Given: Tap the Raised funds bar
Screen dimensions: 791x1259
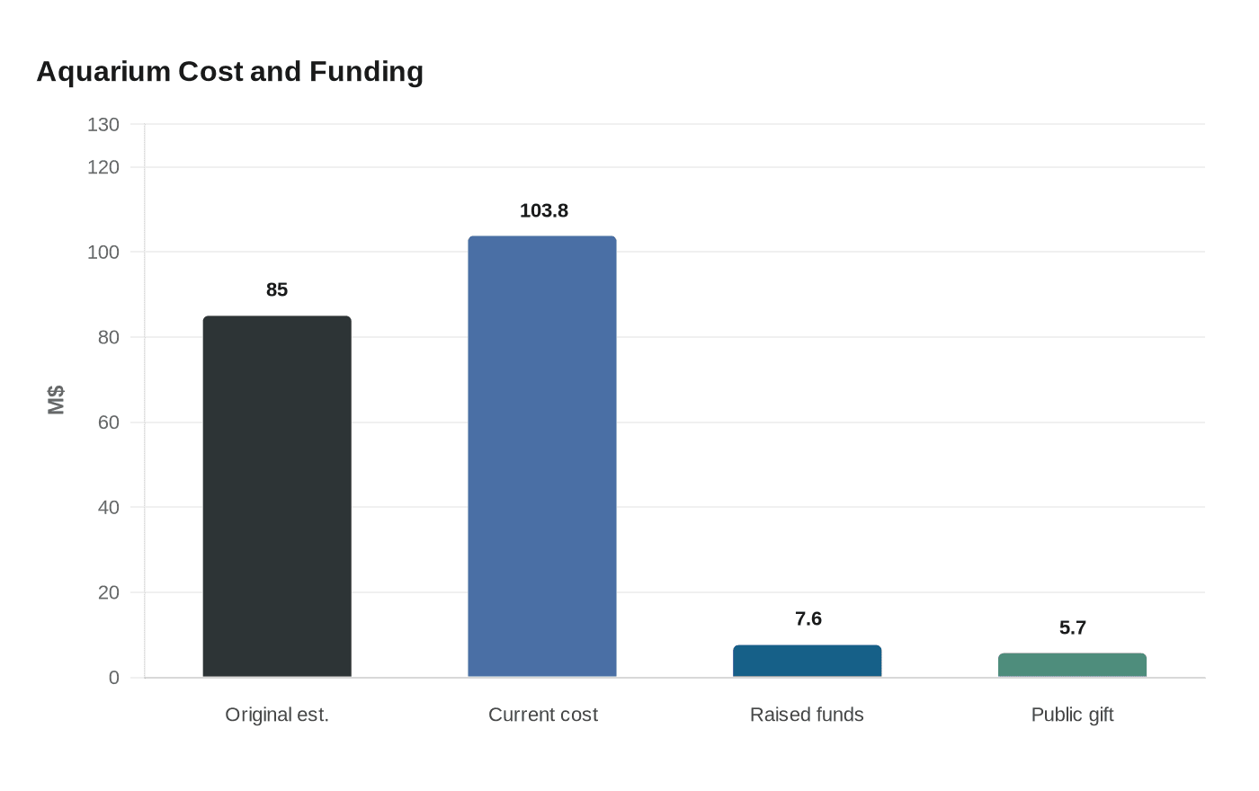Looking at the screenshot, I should pyautogui.click(x=807, y=661).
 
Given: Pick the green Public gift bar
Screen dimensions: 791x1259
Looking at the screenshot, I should pyautogui.click(x=1072, y=665).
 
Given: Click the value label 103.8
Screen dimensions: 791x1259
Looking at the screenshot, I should pyautogui.click(x=544, y=210).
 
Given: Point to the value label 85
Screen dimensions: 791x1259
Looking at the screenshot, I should pyautogui.click(x=277, y=289).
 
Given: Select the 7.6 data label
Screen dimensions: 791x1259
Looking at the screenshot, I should pyautogui.click(x=808, y=618).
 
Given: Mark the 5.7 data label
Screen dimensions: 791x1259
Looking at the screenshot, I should pyautogui.click(x=1073, y=627).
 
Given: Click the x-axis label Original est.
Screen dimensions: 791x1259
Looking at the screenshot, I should pyautogui.click(x=277, y=715).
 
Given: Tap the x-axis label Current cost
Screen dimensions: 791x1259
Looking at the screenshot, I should pyautogui.click(x=543, y=715).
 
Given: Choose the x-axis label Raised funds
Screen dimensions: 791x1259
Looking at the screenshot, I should pyautogui.click(x=807, y=715).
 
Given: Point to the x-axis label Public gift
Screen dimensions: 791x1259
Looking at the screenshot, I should pyautogui.click(x=1072, y=715).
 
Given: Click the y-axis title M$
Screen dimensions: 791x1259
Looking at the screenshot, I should pyautogui.click(x=56, y=400).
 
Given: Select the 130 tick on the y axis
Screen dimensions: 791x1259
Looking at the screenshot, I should pyautogui.click(x=103, y=125).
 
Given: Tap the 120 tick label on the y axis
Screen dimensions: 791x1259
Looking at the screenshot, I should pyautogui.click(x=103, y=167).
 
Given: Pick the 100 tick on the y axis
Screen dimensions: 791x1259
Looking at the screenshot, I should pyautogui.click(x=103, y=253).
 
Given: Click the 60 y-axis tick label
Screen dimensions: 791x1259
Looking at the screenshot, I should pyautogui.click(x=108, y=422).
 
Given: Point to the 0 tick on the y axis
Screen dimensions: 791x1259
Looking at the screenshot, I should pyautogui.click(x=113, y=678).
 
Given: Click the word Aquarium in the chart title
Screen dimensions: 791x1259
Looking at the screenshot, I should pyautogui.click(x=103, y=72).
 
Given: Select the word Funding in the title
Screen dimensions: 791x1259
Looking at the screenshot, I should pyautogui.click(x=366, y=72).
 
